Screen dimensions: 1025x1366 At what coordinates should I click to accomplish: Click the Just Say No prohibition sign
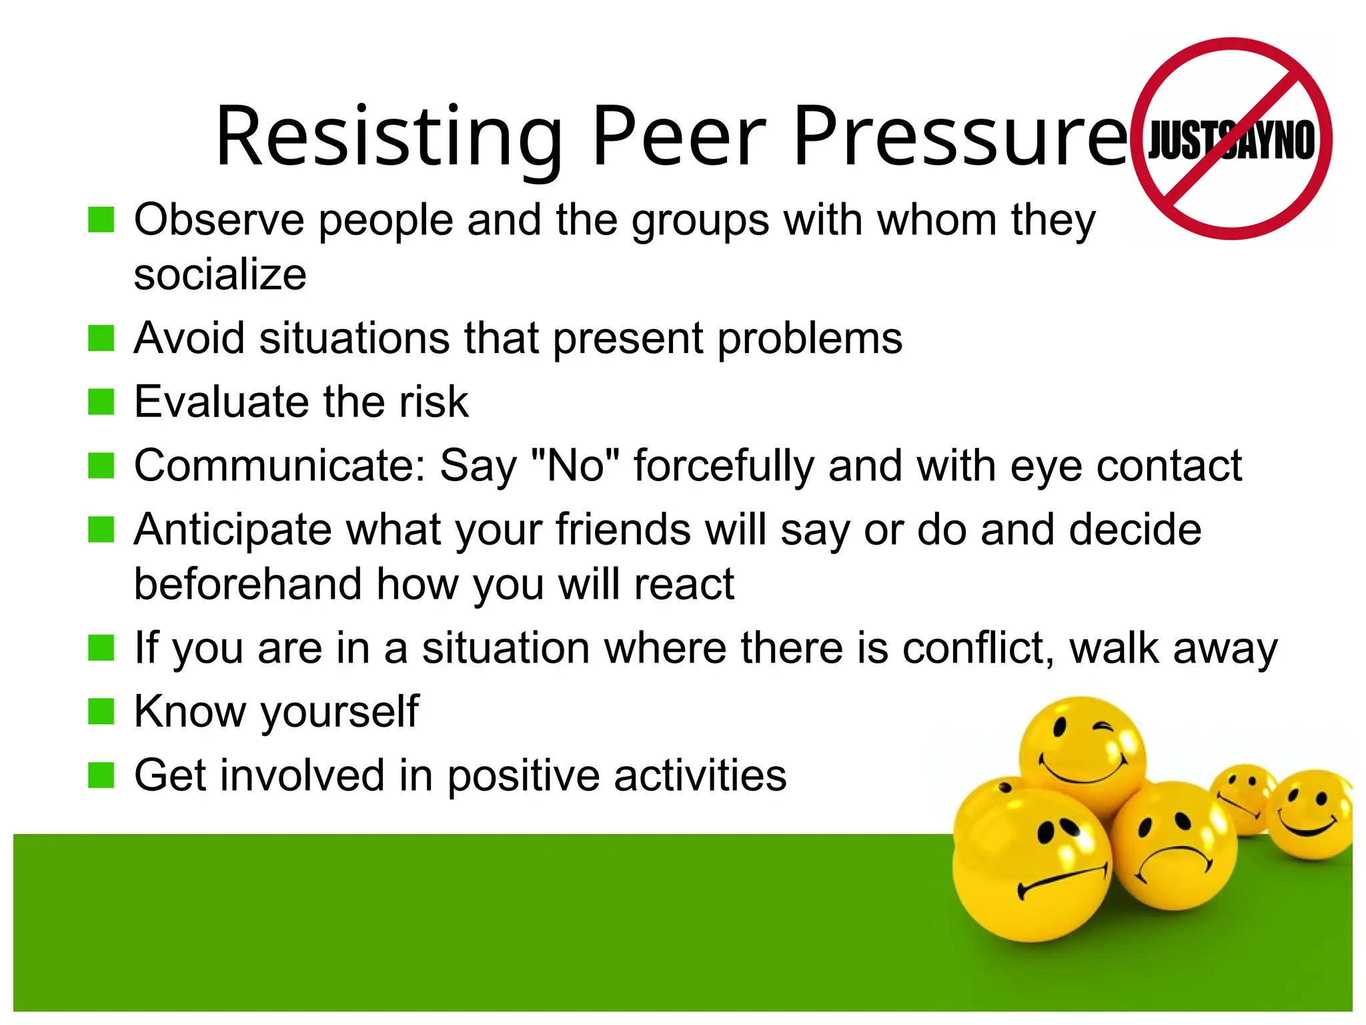coord(1231,139)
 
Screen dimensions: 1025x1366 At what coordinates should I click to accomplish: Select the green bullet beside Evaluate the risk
coord(101,402)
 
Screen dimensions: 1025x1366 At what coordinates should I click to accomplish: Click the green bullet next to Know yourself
coord(101,711)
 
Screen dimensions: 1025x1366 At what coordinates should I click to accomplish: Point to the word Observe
coord(219,220)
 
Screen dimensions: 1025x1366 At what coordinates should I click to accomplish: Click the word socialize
coord(220,274)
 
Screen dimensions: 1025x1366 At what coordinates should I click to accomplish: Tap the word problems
coord(810,338)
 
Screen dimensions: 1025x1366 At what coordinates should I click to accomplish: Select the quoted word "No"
coord(576,465)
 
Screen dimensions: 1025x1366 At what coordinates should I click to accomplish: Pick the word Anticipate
coord(233,529)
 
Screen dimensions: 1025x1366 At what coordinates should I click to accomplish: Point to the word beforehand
coord(247,584)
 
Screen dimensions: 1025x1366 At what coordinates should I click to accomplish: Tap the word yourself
coord(339,712)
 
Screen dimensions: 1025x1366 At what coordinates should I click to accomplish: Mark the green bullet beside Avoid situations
coord(101,338)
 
